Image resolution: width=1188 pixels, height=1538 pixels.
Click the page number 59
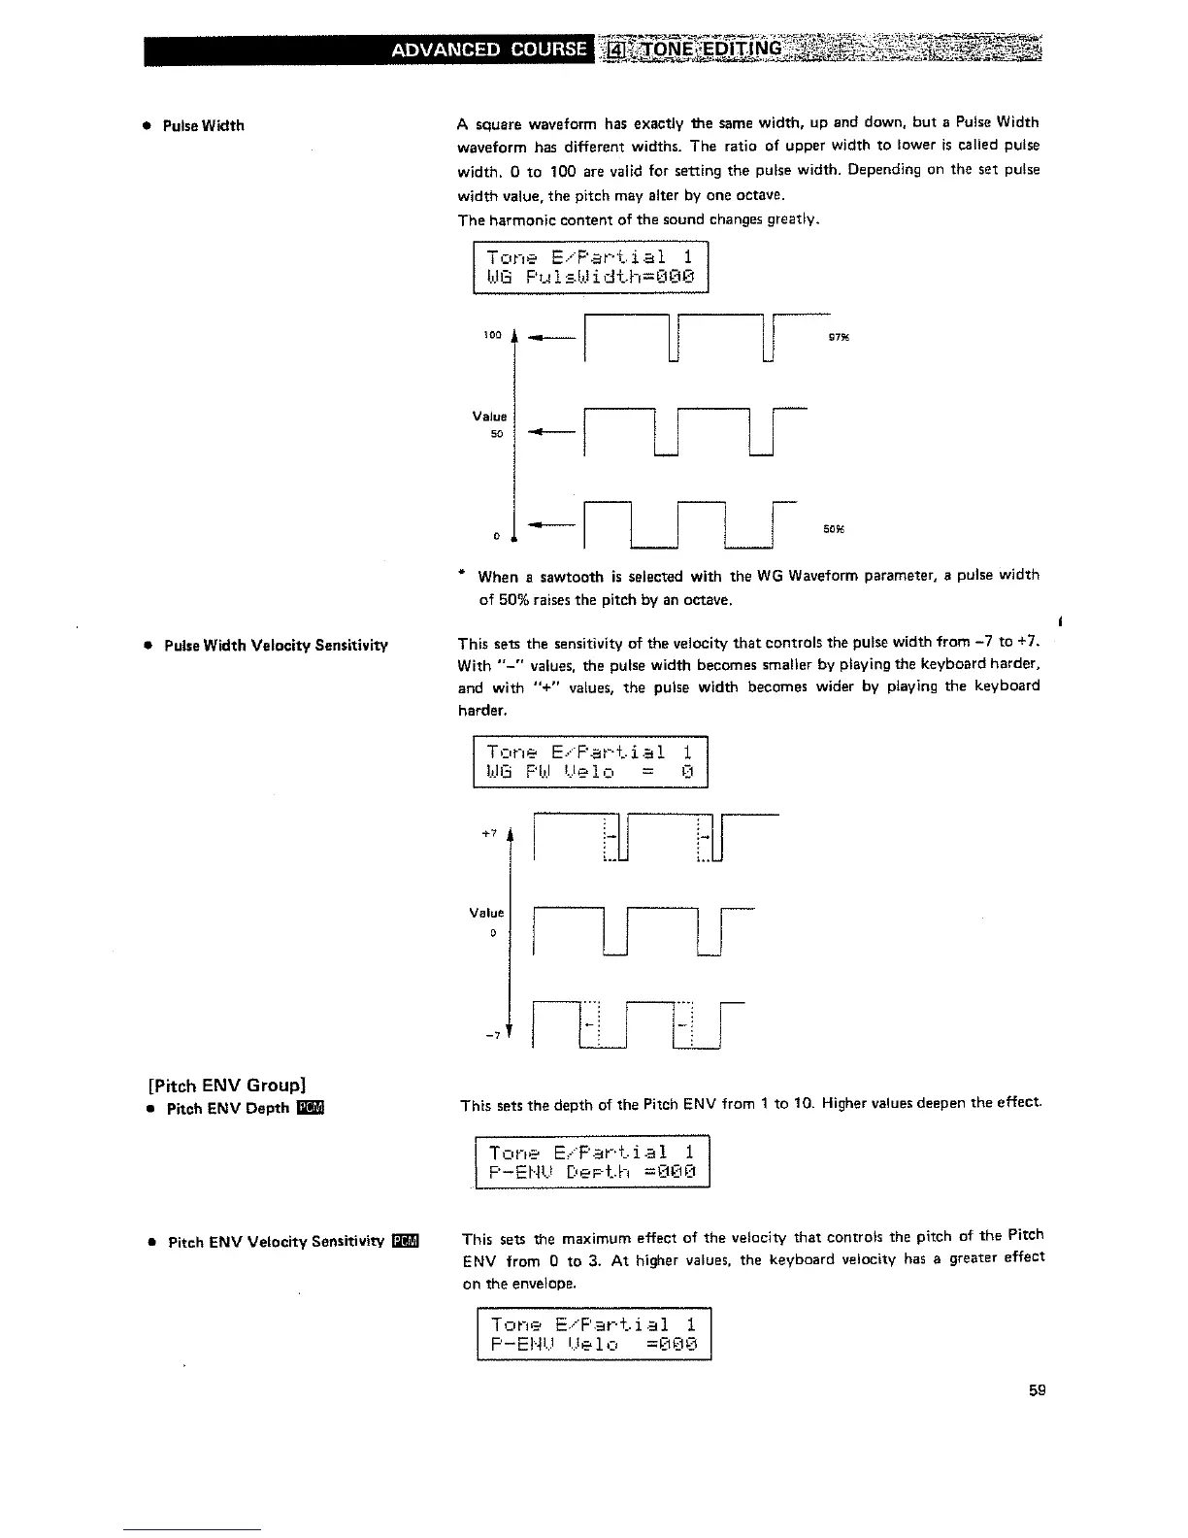tap(1037, 1390)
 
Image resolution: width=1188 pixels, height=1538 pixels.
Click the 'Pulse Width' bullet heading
tap(203, 126)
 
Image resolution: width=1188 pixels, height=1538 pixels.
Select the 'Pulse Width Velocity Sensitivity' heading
tap(276, 646)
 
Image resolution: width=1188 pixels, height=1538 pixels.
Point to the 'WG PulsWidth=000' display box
tap(590, 267)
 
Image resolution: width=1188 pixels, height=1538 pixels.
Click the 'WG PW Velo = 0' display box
tap(590, 762)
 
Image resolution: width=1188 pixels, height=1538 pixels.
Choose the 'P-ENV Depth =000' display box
tap(593, 1161)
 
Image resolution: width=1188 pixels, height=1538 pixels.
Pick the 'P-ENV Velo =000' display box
tap(593, 1335)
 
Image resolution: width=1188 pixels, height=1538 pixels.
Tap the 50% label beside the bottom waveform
tap(832, 530)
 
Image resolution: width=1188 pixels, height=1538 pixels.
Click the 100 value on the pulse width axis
tap(492, 336)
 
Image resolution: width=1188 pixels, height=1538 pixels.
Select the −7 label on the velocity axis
tap(493, 1035)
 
